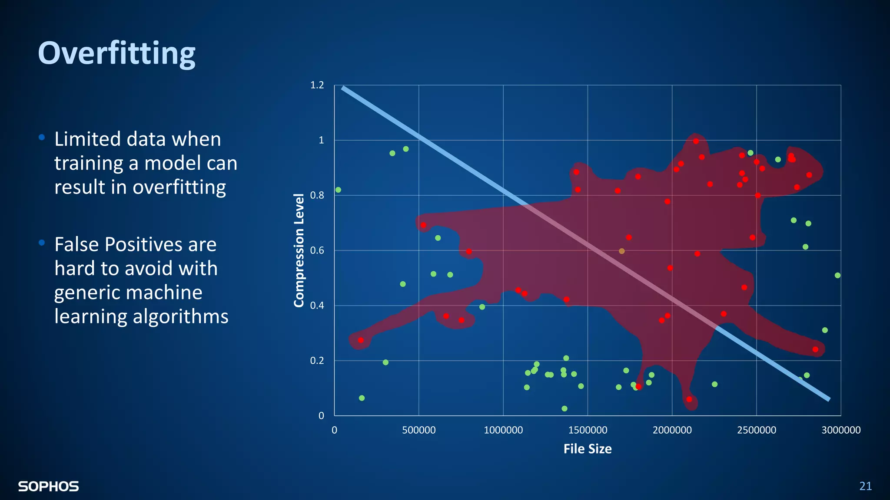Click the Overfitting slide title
pos(116,53)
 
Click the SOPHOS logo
pos(48,486)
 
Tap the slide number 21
pos(865,486)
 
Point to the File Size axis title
pos(587,449)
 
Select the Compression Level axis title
pos(299,250)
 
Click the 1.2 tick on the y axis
pos(317,85)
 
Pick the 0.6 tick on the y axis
pos(317,250)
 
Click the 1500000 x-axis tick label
pos(588,430)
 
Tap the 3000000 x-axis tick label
pos(840,430)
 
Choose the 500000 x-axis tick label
pos(418,430)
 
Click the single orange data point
pos(621,251)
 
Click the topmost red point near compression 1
pos(696,141)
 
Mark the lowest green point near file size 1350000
pos(564,408)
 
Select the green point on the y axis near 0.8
pos(338,190)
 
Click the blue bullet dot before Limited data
pos(42,138)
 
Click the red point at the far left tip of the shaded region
pos(361,340)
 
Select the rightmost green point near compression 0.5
pos(837,276)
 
